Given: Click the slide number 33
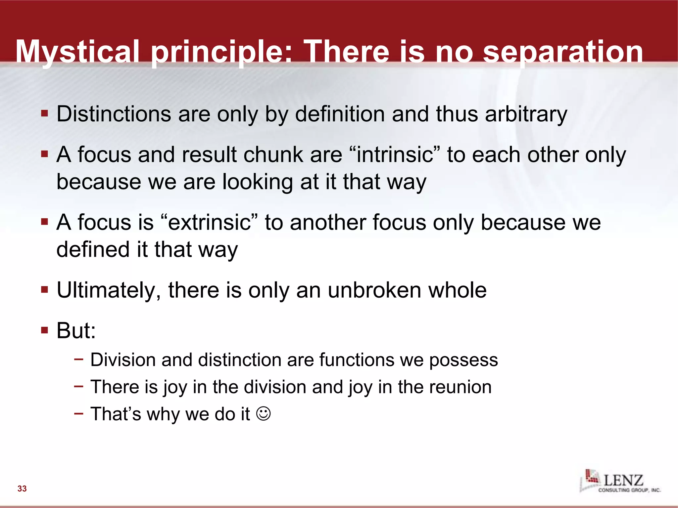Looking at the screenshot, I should [22, 488].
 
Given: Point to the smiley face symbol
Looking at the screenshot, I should [264, 413].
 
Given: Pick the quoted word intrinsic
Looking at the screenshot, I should [395, 154].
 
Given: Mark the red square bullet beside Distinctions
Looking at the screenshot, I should [45, 114].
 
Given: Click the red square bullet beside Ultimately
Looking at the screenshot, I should [45, 290].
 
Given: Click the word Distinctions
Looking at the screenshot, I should [114, 114].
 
